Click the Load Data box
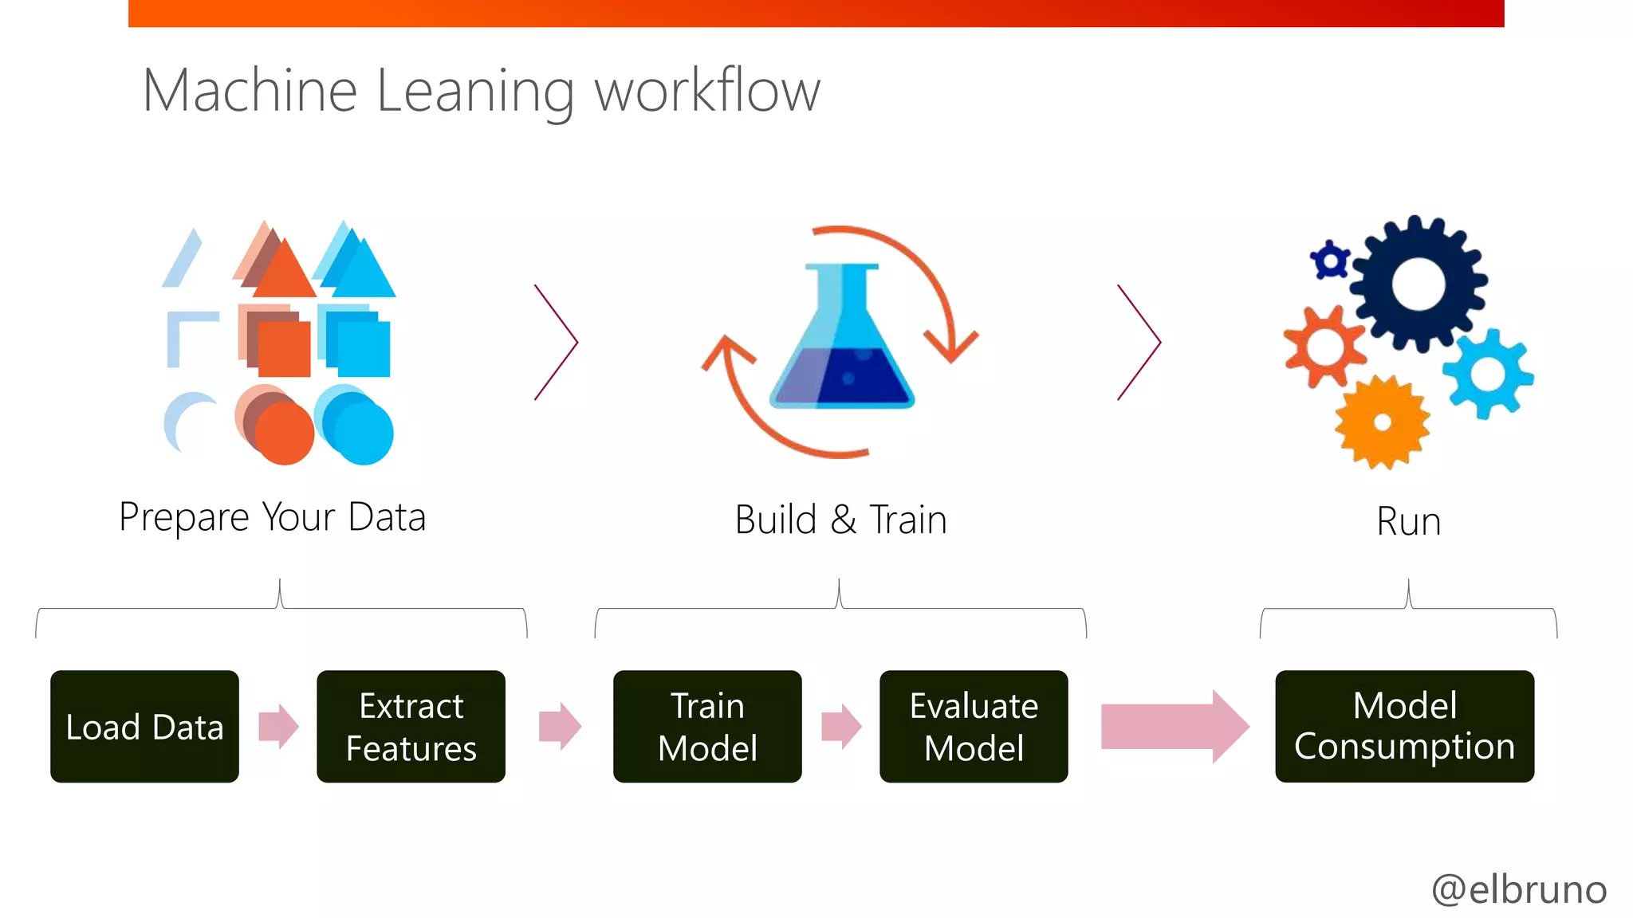coord(144,726)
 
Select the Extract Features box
coord(411,726)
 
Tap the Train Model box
coord(707,726)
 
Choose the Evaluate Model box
coord(974,726)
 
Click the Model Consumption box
coord(1404,726)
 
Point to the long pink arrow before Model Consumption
coord(1172,726)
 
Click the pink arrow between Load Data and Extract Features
coord(278,726)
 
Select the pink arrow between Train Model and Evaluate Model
coord(840,726)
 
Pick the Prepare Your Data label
coord(272,517)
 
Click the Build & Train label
coord(840,520)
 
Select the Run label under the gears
coord(1408,522)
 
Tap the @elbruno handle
coord(1519,889)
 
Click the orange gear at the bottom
coord(1382,422)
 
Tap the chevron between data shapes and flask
coord(557,342)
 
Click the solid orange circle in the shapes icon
coord(285,433)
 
